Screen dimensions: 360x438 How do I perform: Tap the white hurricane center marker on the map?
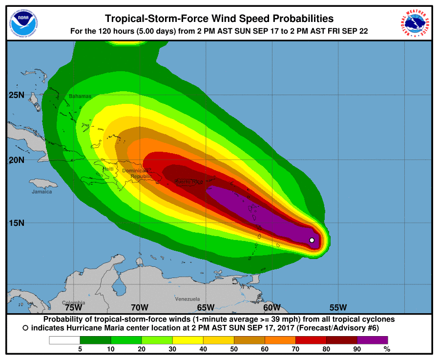tap(312, 240)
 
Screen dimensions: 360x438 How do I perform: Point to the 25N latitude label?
tap(16, 95)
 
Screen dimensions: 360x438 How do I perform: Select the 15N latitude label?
tap(16, 223)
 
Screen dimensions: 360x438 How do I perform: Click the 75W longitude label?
tap(73, 307)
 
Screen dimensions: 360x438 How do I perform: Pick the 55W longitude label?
tap(338, 307)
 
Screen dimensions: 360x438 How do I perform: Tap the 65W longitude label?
tap(206, 307)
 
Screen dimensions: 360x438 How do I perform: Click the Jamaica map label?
tap(42, 191)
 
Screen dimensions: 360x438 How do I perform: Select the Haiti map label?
tap(107, 169)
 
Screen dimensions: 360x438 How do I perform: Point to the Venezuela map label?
tap(188, 299)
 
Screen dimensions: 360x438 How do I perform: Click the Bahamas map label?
tap(80, 96)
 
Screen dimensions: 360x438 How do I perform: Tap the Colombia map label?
tap(74, 302)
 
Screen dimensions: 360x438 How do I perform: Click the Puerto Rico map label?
tap(188, 182)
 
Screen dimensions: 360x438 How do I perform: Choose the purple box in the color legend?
tap(372, 340)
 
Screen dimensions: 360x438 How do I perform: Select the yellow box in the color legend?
tap(188, 340)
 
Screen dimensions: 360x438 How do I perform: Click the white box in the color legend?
tap(64, 340)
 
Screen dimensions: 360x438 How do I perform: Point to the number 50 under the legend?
tap(234, 349)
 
